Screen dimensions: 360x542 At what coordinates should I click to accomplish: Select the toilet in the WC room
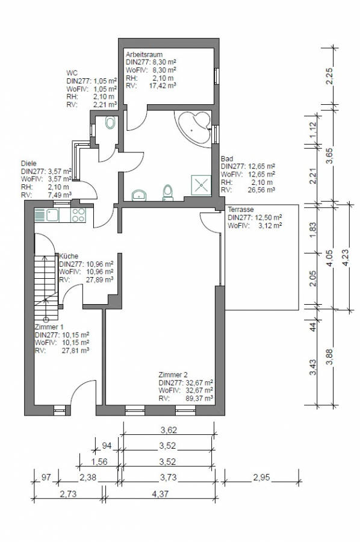click(x=110, y=123)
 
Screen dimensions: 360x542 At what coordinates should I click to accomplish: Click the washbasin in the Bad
click(x=139, y=195)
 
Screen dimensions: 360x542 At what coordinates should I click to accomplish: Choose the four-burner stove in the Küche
click(x=78, y=215)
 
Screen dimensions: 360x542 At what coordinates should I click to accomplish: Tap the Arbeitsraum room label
click(x=144, y=54)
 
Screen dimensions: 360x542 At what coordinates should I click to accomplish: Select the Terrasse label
click(x=241, y=210)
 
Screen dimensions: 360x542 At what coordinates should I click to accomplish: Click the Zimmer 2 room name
click(x=173, y=375)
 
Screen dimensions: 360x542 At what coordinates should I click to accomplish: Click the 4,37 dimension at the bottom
click(x=160, y=494)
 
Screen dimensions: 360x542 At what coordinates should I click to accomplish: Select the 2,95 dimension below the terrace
click(x=261, y=478)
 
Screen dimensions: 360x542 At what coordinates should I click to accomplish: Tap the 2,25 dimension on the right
click(x=329, y=76)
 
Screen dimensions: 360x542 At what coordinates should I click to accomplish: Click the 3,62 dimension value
click(x=169, y=431)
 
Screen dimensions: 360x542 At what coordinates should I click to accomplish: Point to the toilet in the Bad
click(x=168, y=192)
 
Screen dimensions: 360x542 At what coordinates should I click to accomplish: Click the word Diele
click(x=29, y=163)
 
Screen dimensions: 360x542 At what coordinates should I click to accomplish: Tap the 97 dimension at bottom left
click(x=46, y=478)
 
